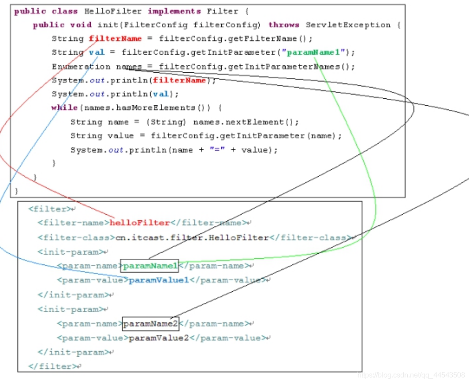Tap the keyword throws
[283, 25]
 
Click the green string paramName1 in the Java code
[315, 52]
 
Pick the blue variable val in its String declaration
[97, 52]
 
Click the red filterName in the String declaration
[115, 38]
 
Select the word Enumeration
[81, 67]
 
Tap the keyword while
[61, 108]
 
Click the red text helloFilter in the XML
[140, 223]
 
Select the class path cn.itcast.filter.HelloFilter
[192, 238]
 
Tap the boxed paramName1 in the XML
[150, 266]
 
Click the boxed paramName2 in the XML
[150, 324]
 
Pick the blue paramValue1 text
[159, 280]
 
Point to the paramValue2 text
[159, 338]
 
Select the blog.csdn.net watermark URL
[411, 375]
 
